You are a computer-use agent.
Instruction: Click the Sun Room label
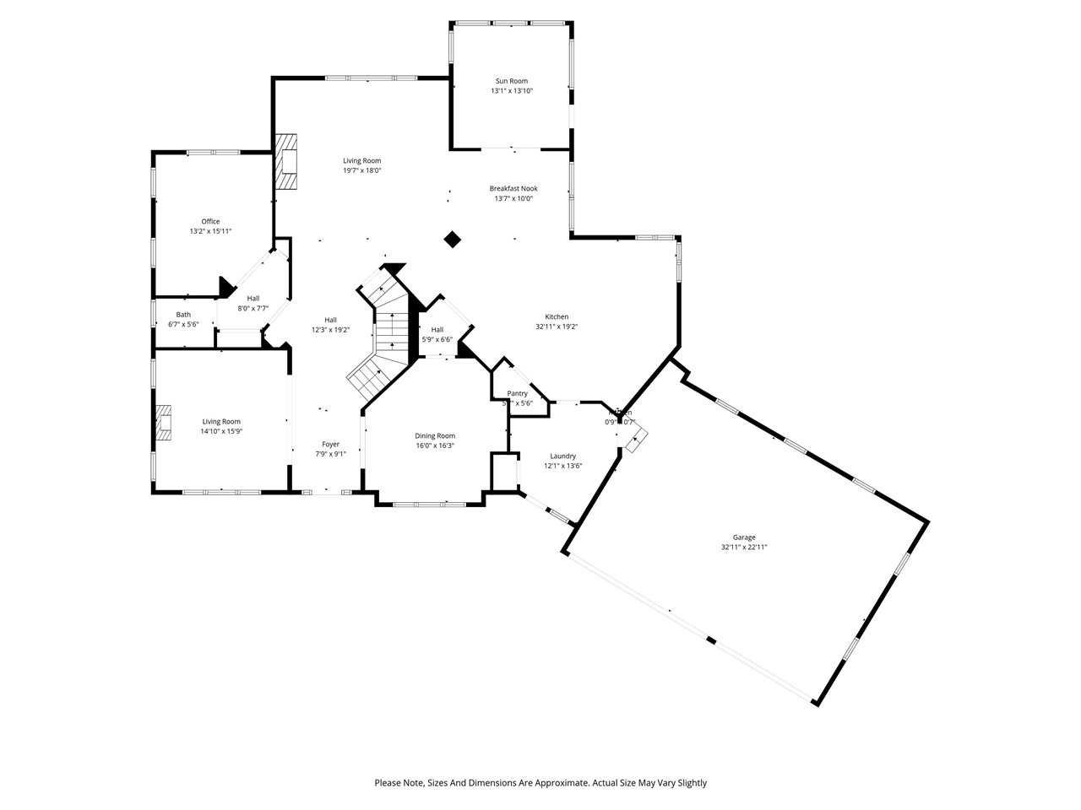(x=512, y=81)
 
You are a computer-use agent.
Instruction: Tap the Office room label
(x=210, y=222)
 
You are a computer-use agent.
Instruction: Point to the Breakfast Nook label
(x=513, y=189)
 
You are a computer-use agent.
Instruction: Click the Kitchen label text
(x=557, y=317)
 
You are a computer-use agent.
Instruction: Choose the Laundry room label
(x=562, y=456)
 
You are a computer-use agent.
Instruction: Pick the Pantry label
(x=518, y=394)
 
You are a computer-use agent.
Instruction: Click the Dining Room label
(x=435, y=436)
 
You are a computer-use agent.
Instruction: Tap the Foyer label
(x=330, y=445)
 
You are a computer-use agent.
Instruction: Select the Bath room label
(x=183, y=315)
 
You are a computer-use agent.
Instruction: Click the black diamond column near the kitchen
(x=453, y=240)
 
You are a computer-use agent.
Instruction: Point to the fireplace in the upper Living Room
(x=288, y=162)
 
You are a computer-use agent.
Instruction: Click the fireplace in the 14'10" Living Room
(x=164, y=423)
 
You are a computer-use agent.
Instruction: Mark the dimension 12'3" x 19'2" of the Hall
(x=330, y=330)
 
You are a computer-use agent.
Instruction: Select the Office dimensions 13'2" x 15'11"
(x=210, y=231)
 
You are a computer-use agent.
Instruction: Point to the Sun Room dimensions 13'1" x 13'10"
(x=512, y=91)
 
